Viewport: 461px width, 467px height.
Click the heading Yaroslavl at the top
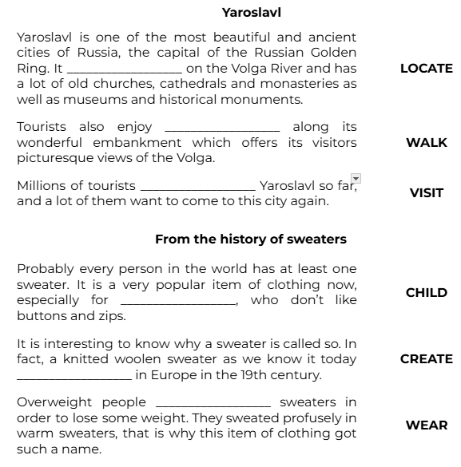(251, 13)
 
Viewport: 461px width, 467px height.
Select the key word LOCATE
(426, 69)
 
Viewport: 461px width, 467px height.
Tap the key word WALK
(426, 143)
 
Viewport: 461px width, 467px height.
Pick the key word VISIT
(426, 193)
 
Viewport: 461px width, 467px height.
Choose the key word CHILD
(426, 293)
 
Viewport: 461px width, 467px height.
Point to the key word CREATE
(426, 359)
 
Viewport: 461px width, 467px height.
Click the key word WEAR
(426, 425)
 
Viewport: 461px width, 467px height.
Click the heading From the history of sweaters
(250, 239)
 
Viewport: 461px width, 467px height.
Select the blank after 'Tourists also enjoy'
(221, 128)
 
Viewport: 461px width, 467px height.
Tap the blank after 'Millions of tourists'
(197, 187)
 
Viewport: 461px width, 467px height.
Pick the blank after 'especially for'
(177, 302)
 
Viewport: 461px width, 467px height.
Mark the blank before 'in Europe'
(74, 375)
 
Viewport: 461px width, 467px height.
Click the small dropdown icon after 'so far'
(356, 179)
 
